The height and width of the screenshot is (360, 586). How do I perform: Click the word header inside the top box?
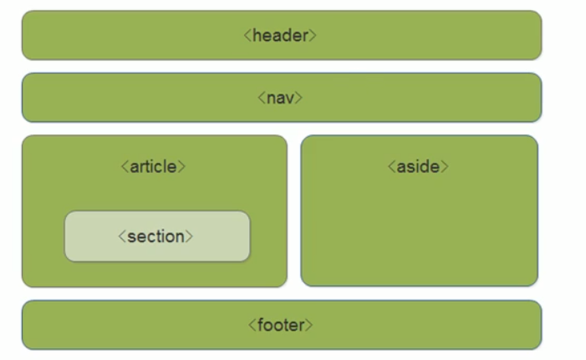(281, 35)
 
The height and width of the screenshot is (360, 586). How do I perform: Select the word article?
(154, 166)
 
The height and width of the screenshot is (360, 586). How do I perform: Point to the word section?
(156, 236)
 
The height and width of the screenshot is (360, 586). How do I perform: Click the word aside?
(418, 166)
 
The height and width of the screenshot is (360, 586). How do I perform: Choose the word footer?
(281, 325)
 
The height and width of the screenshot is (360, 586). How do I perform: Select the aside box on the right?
(419, 234)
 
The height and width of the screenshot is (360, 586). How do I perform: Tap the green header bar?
(125, 35)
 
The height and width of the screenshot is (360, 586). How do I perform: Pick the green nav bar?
(125, 98)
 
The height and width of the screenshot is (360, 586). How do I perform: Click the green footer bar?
(125, 325)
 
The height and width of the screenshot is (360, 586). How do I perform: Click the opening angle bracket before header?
(248, 36)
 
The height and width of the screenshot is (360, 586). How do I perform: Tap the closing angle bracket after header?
(313, 36)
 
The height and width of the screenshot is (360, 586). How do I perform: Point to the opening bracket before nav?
(262, 99)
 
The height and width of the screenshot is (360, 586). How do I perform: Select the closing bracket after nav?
(298, 99)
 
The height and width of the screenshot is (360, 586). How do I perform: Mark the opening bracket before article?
(125, 167)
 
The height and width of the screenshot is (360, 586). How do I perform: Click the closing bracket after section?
(190, 237)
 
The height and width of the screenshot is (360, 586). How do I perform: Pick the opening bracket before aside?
(391, 167)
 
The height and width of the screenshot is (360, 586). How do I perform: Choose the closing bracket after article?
(182, 167)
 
